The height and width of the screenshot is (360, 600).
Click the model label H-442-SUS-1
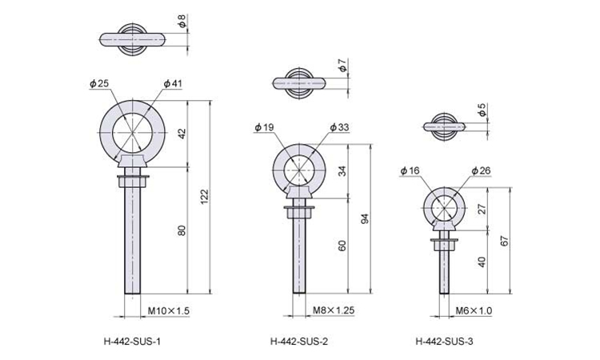click(132, 342)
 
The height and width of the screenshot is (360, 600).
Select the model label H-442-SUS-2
click(299, 342)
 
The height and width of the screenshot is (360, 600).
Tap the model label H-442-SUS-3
click(444, 342)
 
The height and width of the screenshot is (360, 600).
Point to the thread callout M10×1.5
click(168, 310)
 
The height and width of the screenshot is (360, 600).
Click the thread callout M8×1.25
click(334, 310)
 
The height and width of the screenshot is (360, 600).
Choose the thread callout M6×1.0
click(474, 310)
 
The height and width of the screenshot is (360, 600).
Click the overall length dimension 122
click(205, 197)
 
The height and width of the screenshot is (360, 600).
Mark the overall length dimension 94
click(366, 219)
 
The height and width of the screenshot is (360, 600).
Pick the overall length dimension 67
click(505, 241)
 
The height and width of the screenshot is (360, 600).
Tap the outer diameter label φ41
click(173, 83)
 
